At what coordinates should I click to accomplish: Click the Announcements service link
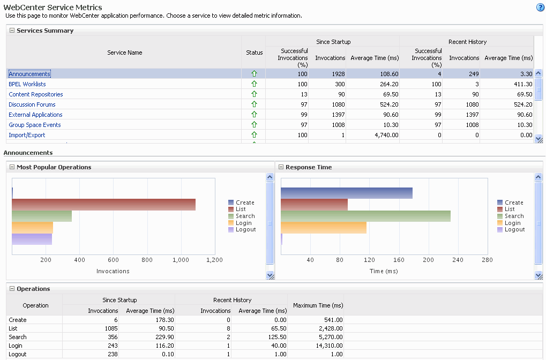pos(29,74)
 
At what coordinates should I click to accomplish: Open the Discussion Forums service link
pos(32,104)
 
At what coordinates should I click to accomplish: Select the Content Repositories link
pos(36,94)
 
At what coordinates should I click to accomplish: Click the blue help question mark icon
pos(540,7)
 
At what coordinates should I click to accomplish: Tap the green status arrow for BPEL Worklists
pos(254,84)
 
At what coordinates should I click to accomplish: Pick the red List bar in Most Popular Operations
pos(103,204)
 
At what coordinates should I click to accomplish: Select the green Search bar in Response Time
pos(365,216)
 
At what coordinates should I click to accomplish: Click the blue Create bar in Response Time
pos(346,193)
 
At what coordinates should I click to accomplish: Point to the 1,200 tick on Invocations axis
pos(214,260)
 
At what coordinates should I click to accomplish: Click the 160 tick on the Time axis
pos(399,260)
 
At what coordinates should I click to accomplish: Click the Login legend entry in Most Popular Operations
pos(243,223)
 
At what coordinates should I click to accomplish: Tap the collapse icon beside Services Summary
pos(12,31)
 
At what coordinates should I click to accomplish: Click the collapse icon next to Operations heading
pos(12,289)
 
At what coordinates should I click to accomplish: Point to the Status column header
pos(254,52)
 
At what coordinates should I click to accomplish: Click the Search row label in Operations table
pos(18,337)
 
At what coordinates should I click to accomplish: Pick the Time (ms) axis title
pos(384,271)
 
